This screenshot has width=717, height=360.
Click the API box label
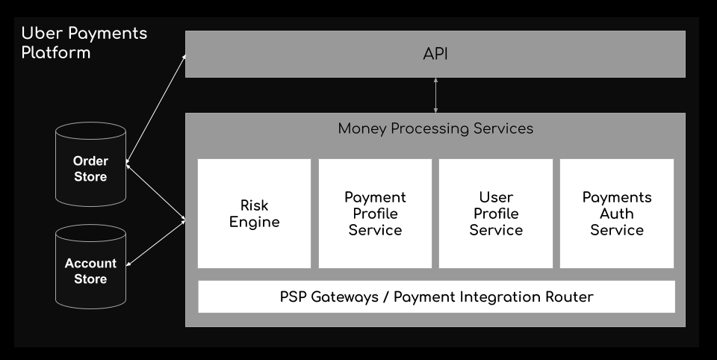pos(435,54)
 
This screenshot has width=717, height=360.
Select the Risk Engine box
pos(254,213)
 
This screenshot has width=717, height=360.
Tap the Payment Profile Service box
pos(375,213)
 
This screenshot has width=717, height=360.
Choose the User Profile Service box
pos(496,213)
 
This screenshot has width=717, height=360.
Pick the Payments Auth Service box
pos(617,213)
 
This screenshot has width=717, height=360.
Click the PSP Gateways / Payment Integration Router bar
pos(436,297)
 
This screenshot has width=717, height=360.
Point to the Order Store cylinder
pos(90,164)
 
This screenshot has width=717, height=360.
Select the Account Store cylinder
pos(90,267)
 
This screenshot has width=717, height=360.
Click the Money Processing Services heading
pos(435,128)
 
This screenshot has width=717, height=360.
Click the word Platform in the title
pos(56,52)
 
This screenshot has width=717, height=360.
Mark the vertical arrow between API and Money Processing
pos(435,95)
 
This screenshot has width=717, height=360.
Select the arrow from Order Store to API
pos(156,109)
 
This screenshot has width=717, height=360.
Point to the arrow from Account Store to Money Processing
pos(155,243)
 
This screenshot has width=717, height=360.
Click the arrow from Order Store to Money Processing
pos(155,192)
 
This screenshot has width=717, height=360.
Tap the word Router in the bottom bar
pos(569,297)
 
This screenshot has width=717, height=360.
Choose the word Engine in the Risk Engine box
pos(254,223)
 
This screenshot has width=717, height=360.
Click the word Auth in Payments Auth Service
pos(617,214)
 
